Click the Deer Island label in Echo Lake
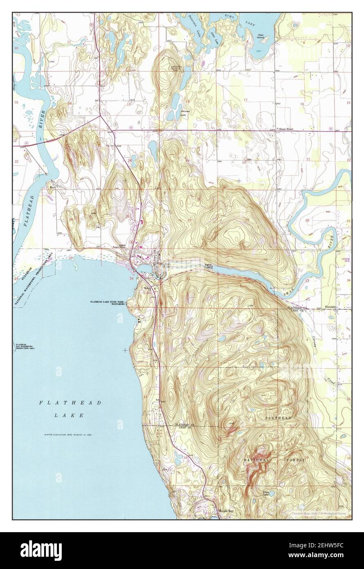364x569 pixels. (x=261, y=36)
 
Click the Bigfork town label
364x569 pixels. (x=164, y=265)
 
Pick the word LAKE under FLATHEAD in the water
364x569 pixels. (x=69, y=415)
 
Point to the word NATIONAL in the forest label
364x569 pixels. (x=256, y=460)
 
